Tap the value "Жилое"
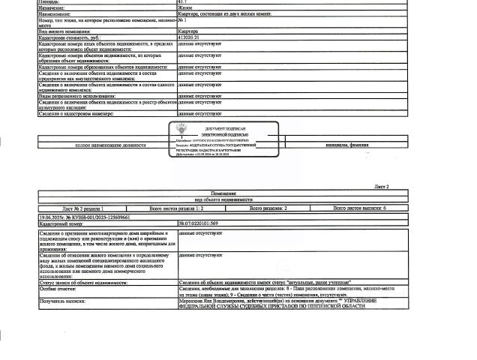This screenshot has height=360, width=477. pyautogui.click(x=185, y=7)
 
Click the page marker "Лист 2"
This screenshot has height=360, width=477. pyautogui.click(x=382, y=185)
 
